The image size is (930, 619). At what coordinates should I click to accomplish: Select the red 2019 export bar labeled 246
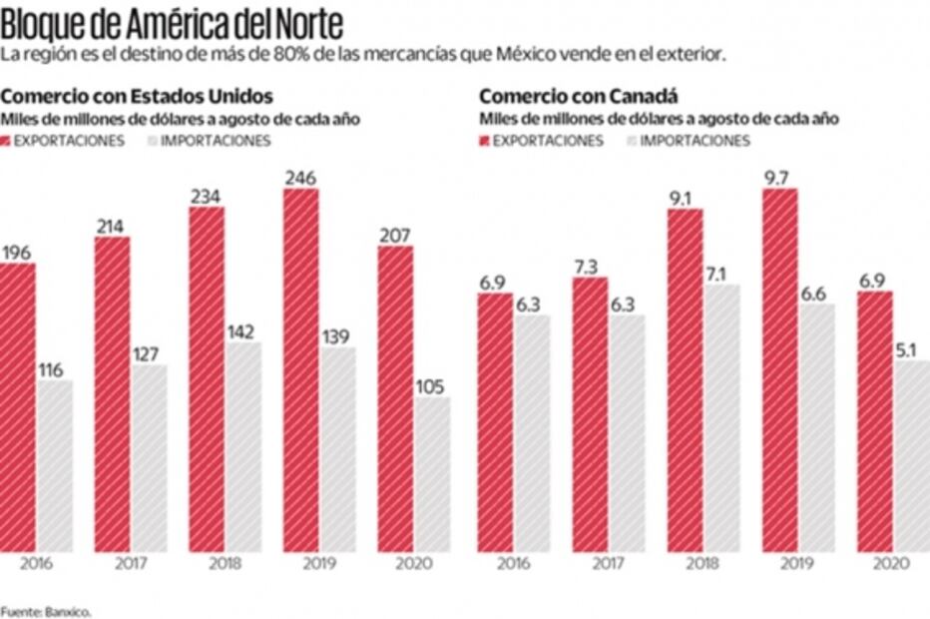pyautogui.click(x=300, y=369)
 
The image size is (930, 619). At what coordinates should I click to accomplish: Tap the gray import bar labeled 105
pyautogui.click(x=432, y=474)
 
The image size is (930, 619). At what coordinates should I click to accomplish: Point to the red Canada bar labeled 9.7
pyautogui.click(x=779, y=369)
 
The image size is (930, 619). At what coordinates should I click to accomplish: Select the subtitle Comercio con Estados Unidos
pyautogui.click(x=137, y=97)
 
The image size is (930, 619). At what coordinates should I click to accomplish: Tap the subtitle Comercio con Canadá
pyautogui.click(x=579, y=97)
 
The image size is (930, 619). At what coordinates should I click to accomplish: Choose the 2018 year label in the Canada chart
pyautogui.click(x=703, y=563)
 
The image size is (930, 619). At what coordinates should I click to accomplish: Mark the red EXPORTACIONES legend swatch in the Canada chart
pyautogui.click(x=484, y=141)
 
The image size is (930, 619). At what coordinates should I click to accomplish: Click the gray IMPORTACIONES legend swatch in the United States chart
pyautogui.click(x=152, y=141)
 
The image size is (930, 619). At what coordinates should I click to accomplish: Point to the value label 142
pyautogui.click(x=243, y=331)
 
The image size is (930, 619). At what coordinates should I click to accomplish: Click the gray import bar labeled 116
pyautogui.click(x=54, y=465)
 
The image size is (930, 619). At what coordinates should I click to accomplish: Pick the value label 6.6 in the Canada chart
pyautogui.click(x=815, y=293)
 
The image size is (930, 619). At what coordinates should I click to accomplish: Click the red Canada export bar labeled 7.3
pyautogui.click(x=589, y=413)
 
